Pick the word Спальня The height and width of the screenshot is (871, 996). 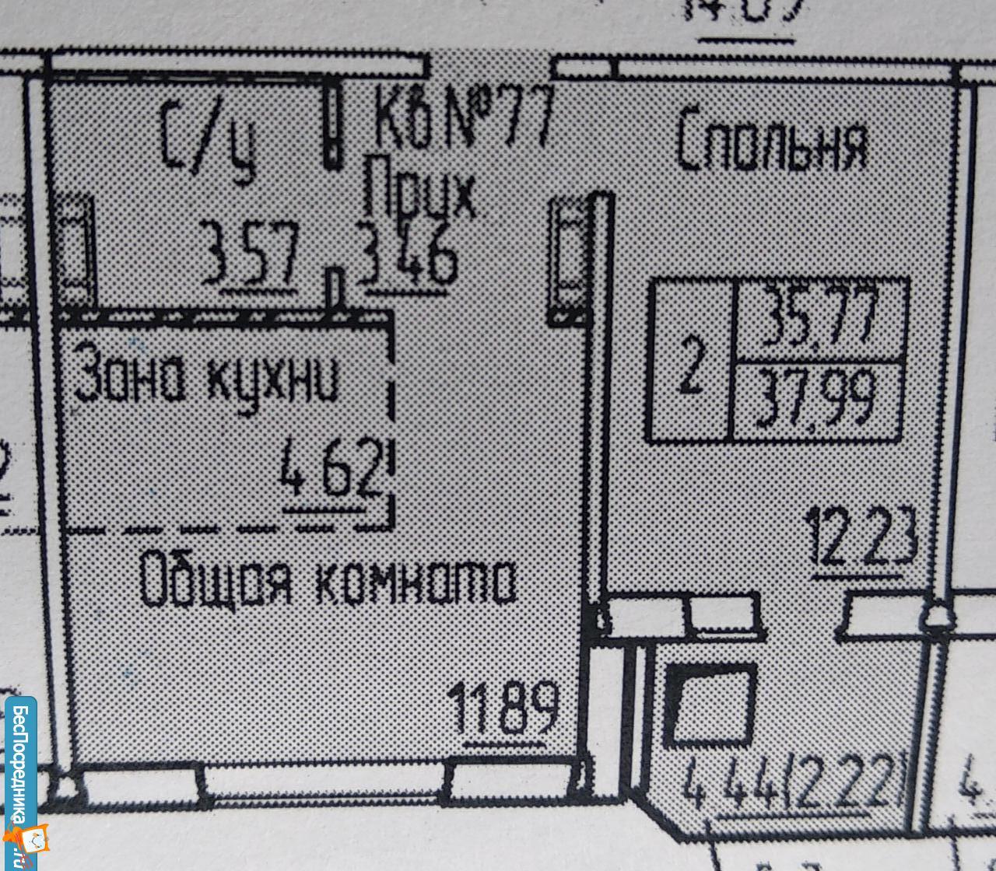[x=772, y=145]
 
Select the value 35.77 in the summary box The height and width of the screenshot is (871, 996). [x=820, y=318]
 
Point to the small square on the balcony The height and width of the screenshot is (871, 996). [x=710, y=705]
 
